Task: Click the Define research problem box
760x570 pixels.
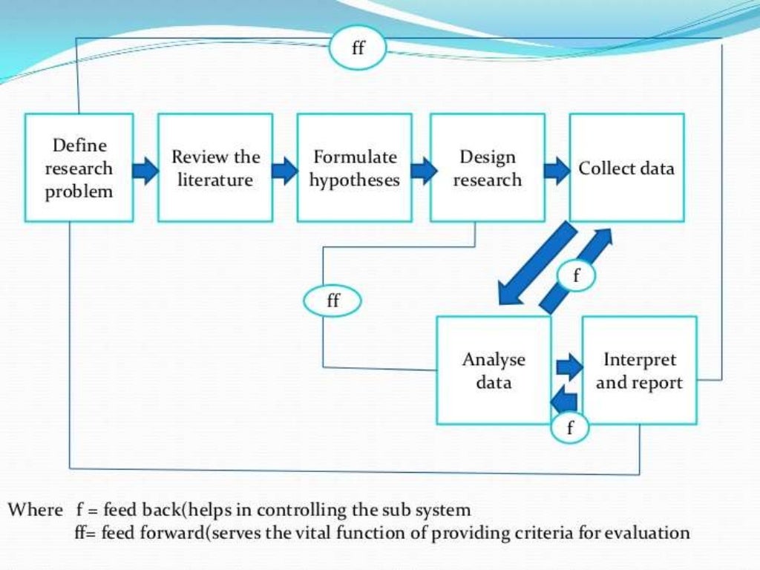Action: point(79,168)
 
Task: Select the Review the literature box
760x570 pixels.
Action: point(215,168)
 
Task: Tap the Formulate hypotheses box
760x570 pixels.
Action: point(354,168)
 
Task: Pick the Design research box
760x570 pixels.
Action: point(487,168)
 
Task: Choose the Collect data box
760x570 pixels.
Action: point(626,168)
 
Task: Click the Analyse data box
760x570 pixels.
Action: point(494,370)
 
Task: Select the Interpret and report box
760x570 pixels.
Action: point(639,370)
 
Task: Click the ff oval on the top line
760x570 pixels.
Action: point(358,49)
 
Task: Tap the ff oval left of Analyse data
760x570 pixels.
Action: point(332,301)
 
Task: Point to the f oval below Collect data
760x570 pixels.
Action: point(576,275)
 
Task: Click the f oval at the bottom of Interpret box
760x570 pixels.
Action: point(569,428)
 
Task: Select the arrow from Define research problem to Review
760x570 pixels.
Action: point(145,171)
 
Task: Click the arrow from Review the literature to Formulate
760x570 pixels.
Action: point(284,171)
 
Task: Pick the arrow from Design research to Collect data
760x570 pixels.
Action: point(557,171)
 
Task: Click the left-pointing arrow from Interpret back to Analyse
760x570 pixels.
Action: point(566,399)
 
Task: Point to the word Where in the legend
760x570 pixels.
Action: point(36,511)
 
